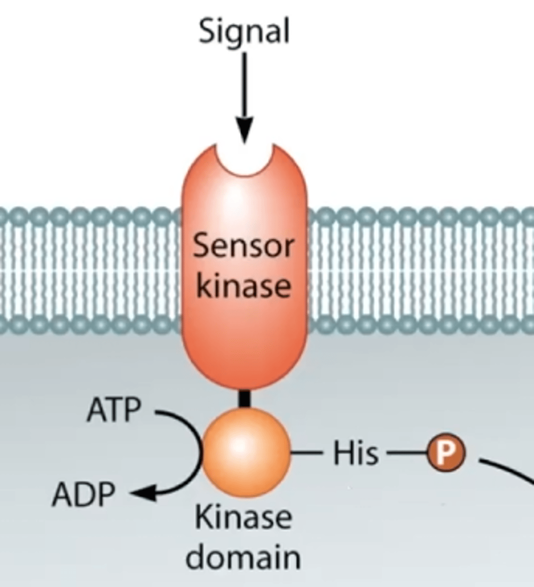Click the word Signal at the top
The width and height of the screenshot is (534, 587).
[244, 32]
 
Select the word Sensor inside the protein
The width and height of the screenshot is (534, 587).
[243, 247]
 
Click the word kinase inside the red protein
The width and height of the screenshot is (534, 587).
[243, 285]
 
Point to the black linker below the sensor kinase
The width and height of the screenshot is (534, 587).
[244, 398]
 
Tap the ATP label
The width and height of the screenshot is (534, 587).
[114, 410]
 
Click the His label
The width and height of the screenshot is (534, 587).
[356, 453]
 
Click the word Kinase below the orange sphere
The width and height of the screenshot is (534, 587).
[243, 518]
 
